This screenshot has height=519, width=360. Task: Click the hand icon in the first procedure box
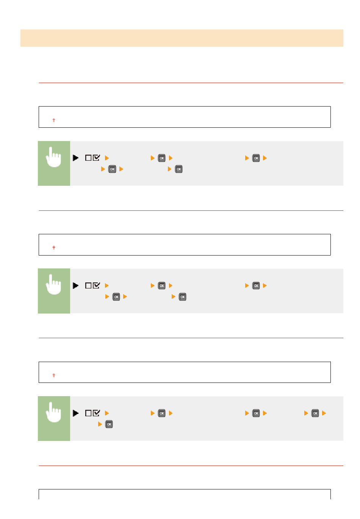coord(53,158)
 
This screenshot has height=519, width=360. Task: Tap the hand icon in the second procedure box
coord(53,285)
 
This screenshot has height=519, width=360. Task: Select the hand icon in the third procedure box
coord(53,413)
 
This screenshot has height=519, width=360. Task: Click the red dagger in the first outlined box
coord(54,120)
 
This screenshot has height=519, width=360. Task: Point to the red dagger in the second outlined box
coord(54,248)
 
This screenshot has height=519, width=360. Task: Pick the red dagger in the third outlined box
coord(54,375)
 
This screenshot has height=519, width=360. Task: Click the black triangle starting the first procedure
coord(75,158)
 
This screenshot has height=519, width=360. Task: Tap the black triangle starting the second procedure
coord(75,285)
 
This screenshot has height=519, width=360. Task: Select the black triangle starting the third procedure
coord(75,413)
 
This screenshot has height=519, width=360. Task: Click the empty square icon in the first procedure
coord(88,158)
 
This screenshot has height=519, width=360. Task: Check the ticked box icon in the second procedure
coord(97,285)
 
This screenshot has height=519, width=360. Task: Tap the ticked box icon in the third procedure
coord(97,413)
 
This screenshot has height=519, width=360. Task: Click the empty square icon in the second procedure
coord(88,285)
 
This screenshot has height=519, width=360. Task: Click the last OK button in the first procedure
coord(179,169)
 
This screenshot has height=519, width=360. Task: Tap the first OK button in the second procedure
coord(162,285)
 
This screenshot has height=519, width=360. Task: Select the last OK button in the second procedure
coord(183,297)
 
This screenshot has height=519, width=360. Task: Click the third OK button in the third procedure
coord(315,413)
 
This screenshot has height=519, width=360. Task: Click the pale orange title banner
coord(182,38)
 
